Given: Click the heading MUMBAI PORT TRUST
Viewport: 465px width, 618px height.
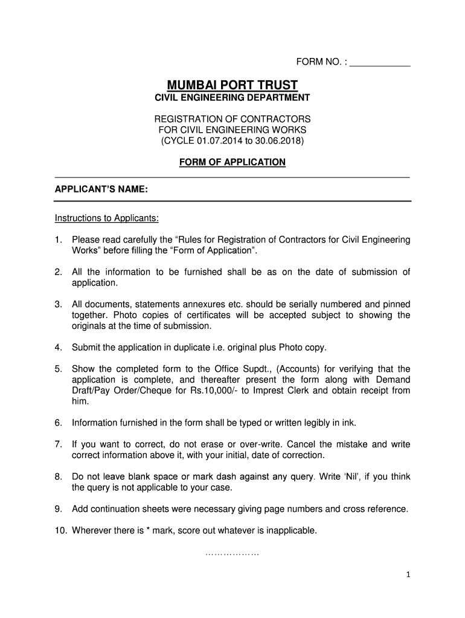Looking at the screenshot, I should (232, 84).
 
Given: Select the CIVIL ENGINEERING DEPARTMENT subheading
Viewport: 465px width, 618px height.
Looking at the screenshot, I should (232, 98).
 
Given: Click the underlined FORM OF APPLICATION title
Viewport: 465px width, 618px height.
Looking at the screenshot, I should (232, 162).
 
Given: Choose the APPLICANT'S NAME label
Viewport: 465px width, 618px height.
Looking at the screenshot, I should (101, 190).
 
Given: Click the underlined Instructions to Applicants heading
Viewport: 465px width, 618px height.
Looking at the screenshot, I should (107, 218).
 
